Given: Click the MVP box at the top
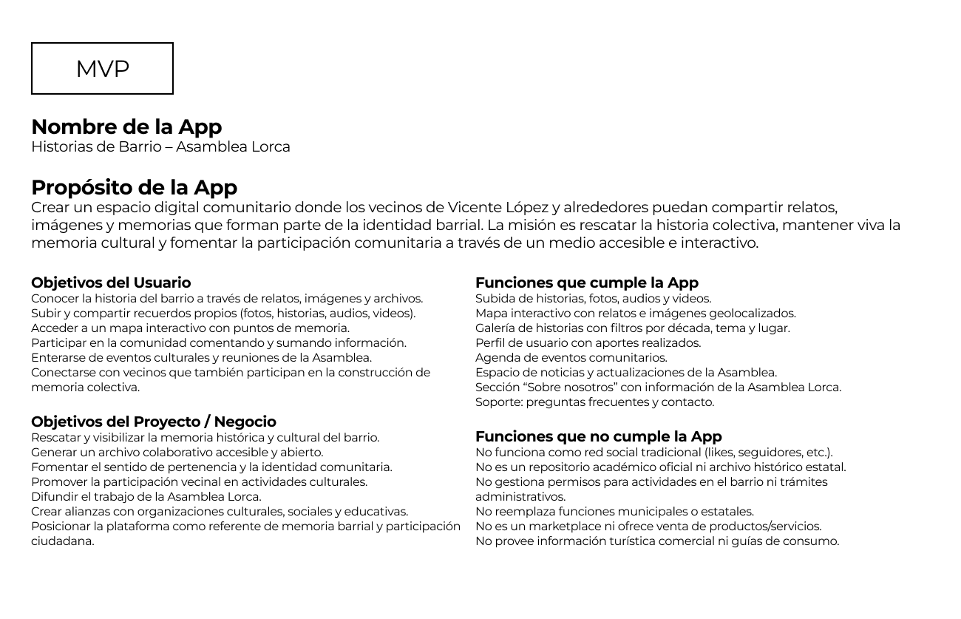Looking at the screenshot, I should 102,69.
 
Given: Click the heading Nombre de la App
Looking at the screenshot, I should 126,127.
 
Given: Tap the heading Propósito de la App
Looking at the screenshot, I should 134,188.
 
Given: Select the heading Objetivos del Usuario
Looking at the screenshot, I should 111,283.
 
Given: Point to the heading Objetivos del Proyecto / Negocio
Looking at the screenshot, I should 154,422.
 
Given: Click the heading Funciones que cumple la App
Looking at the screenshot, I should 586,283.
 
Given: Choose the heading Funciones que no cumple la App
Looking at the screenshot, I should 598,436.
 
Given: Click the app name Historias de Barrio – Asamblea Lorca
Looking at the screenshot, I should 160,146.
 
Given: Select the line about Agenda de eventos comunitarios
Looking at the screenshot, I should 571,358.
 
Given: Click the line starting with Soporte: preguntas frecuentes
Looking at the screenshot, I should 594,402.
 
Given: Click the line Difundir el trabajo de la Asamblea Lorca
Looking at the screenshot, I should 146,497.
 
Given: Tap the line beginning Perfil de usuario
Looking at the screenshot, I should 588,343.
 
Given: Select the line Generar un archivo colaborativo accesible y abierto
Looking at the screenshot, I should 177,453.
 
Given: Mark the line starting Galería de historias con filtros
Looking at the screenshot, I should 632,328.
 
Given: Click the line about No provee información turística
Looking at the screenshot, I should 656,541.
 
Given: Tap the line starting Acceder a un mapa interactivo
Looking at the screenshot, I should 190,328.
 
